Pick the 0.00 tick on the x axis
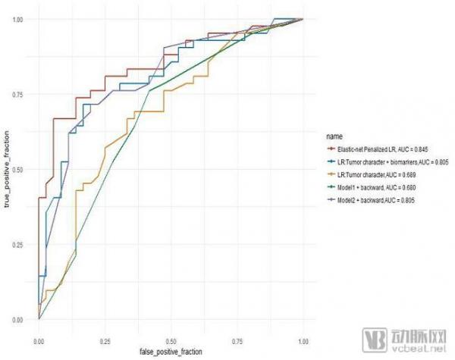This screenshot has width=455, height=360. [39, 331]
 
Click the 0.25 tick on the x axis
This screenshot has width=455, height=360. [105, 331]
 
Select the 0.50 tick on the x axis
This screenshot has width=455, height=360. [171, 331]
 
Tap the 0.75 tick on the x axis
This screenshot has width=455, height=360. [237, 331]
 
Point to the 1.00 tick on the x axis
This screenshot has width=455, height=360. [303, 331]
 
